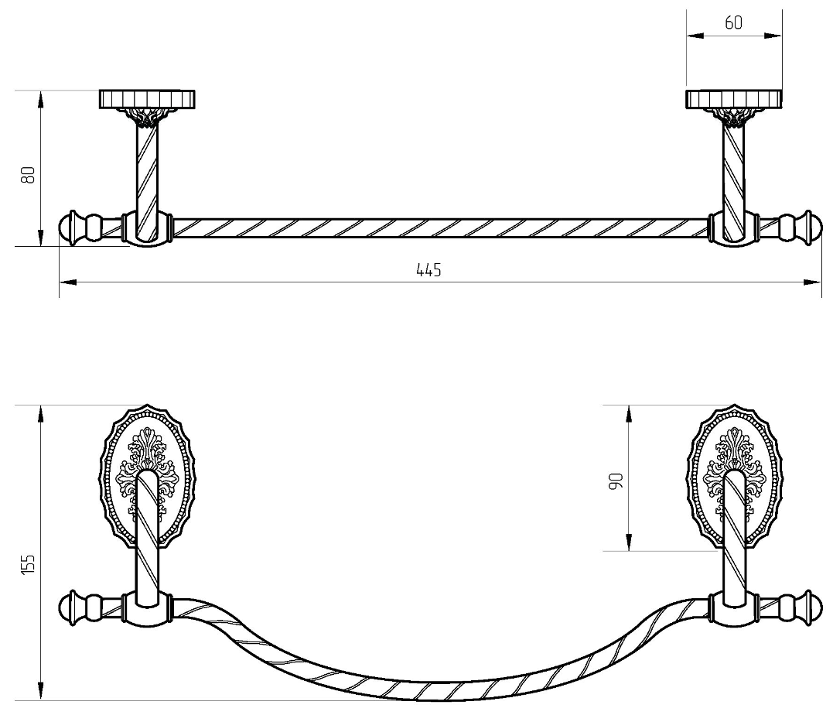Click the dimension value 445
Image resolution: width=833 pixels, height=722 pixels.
pos(428,270)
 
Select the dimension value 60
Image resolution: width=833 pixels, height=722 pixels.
pos(733,23)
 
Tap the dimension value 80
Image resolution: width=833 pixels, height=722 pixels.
pos(28,175)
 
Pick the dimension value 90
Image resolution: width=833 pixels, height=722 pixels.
pos(616,481)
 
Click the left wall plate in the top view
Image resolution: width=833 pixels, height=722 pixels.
pos(147,99)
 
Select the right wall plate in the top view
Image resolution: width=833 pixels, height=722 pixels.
pos(734,99)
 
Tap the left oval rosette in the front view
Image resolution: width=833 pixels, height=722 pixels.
pos(147,477)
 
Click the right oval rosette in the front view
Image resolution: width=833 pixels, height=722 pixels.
pos(734,477)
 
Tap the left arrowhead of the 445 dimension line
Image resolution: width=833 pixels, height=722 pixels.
pos(67,282)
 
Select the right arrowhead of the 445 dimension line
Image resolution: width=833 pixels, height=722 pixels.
pos(814,282)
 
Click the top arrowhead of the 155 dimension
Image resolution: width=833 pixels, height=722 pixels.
pos(41,414)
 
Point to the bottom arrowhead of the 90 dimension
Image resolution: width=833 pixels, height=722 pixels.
pos(629,542)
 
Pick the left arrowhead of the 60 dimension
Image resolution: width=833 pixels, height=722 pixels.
pos(695,36)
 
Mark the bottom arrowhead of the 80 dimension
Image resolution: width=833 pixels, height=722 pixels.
pos(41,238)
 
